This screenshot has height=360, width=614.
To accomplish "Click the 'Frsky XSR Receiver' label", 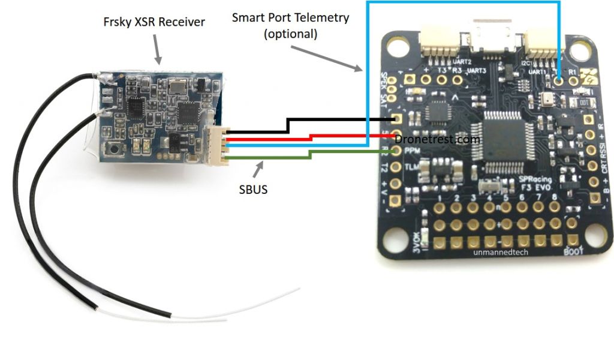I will point(153,22).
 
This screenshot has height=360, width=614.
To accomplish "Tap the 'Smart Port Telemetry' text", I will point(290,18).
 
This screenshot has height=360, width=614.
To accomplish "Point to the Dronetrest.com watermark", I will point(438,139).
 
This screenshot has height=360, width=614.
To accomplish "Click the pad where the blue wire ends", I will point(559,78).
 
